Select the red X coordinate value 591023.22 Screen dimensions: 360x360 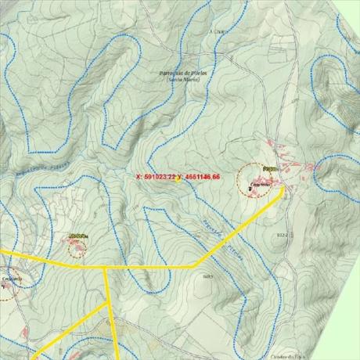(156, 178)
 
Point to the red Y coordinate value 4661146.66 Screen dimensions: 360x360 (200, 178)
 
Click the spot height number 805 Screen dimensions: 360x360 (207, 276)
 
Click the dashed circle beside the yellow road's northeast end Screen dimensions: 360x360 (260, 179)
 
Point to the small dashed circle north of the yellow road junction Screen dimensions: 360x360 (76, 248)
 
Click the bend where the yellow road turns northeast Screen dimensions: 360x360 (194, 267)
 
